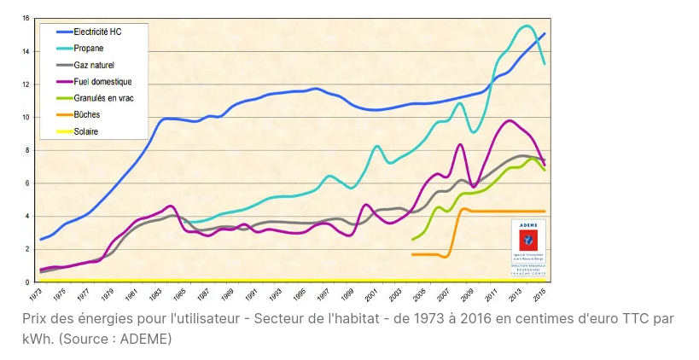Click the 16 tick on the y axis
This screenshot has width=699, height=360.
point(26,18)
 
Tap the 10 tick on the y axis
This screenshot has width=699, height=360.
point(26,117)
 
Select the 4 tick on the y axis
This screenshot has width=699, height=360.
point(26,216)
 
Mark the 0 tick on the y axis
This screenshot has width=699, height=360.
point(26,282)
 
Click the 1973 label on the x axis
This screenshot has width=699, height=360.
point(36,293)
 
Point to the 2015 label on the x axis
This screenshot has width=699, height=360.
point(540,293)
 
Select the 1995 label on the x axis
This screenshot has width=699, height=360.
point(300,293)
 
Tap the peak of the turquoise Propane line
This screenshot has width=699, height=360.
point(527,26)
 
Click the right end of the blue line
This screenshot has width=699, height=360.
point(545,33)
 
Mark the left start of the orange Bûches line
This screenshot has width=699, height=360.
point(413,254)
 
